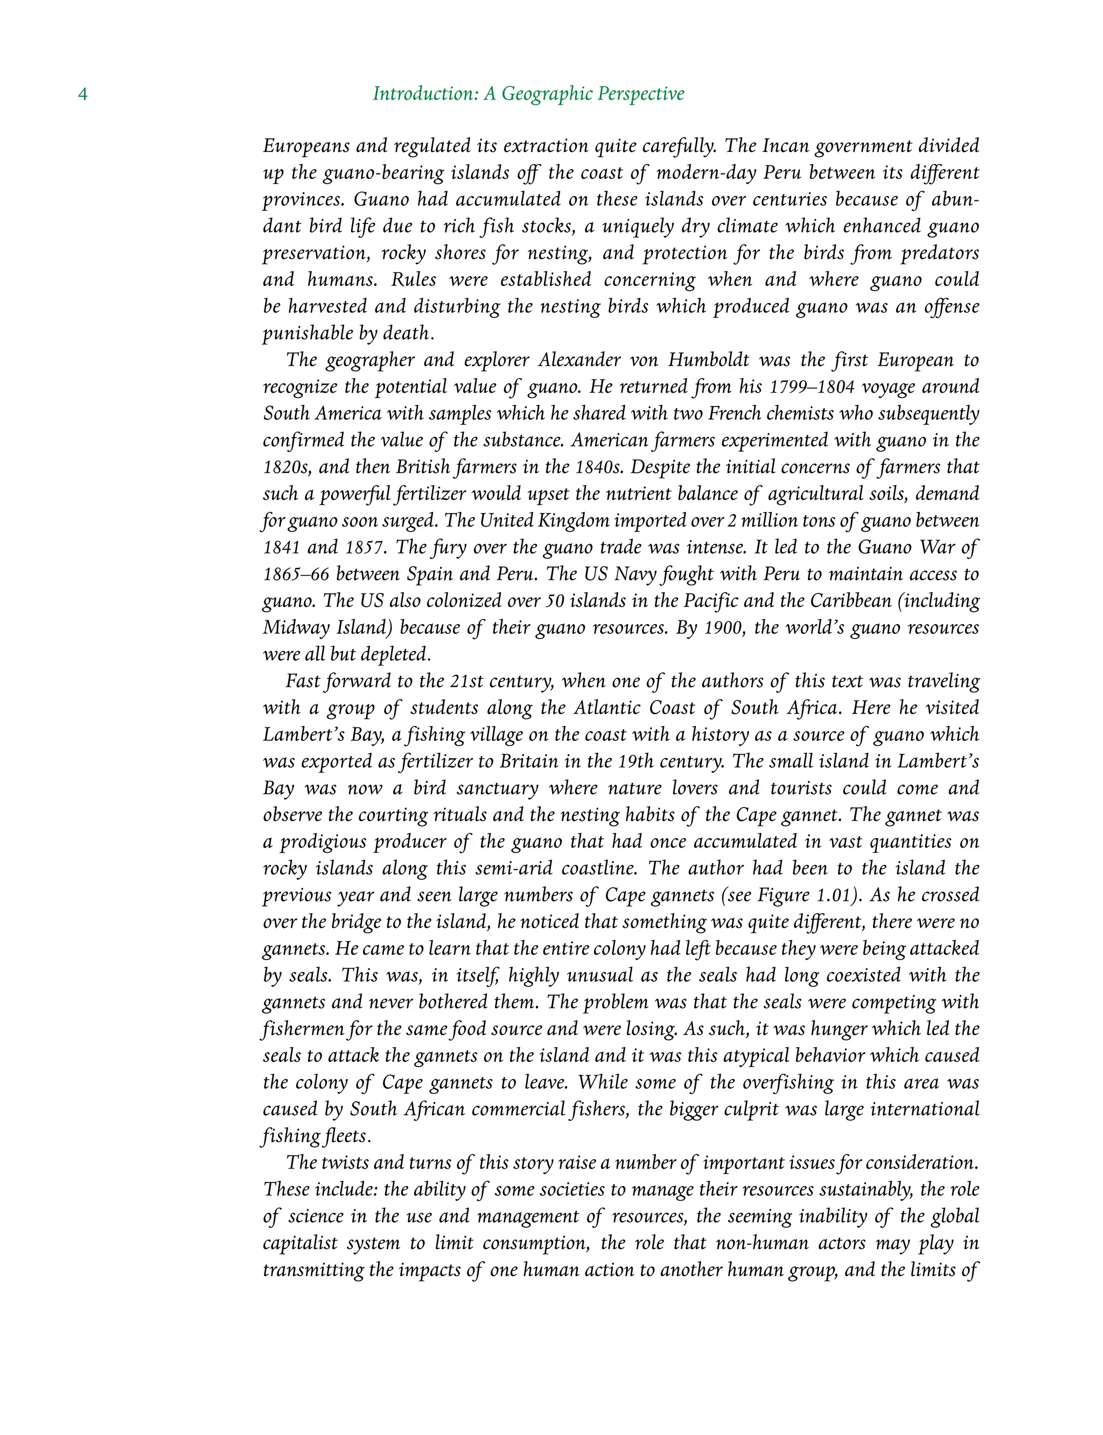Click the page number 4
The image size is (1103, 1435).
click(83, 94)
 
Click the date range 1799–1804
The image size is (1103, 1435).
click(812, 387)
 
